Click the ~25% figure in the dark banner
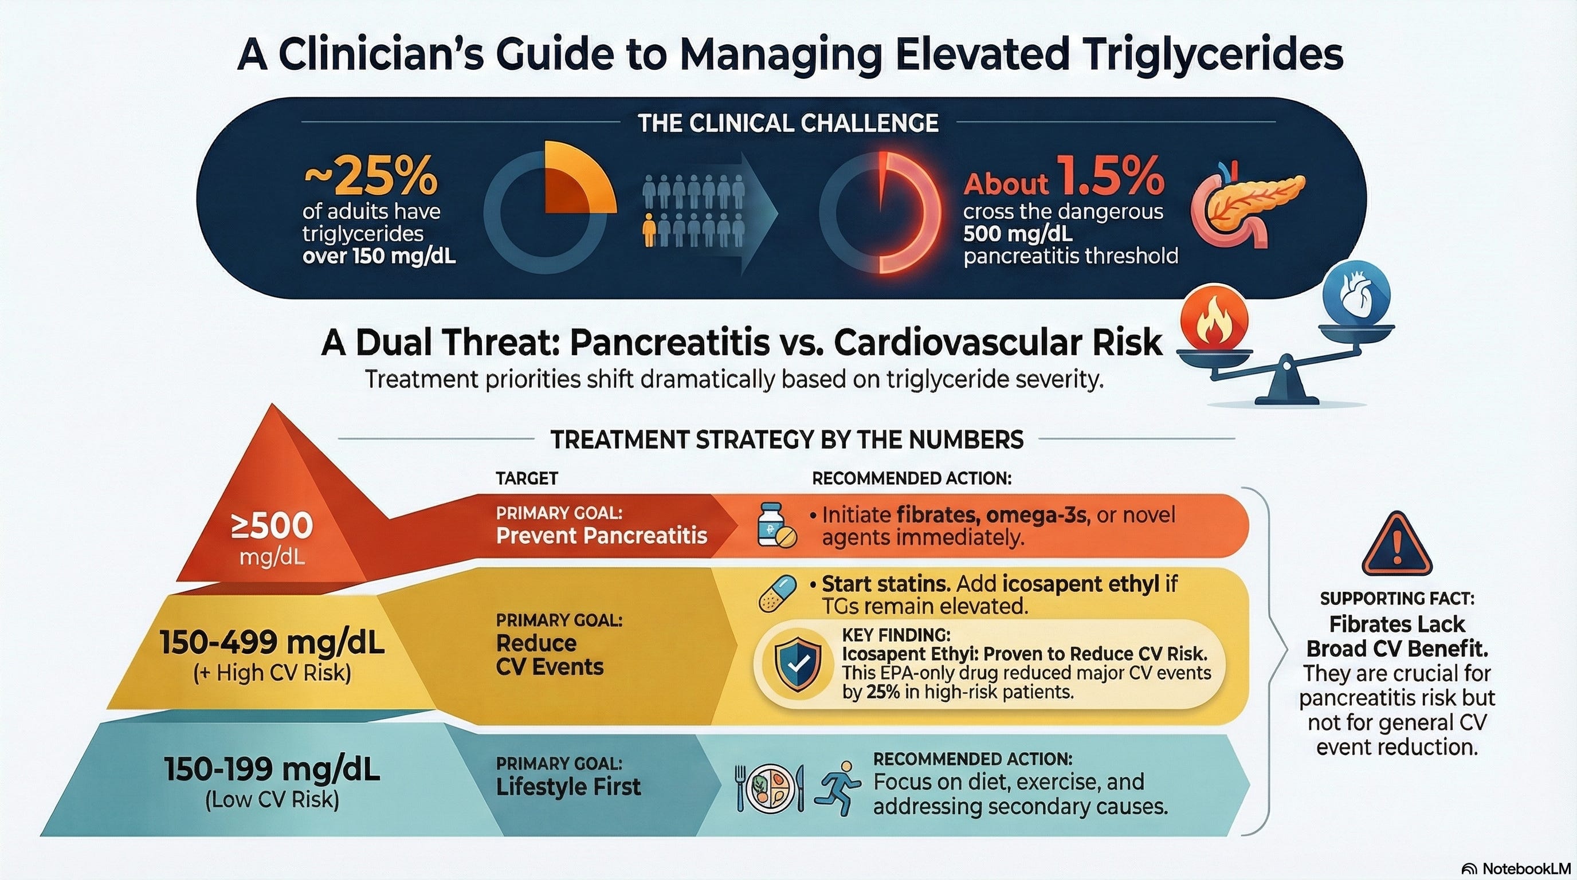pyautogui.click(x=371, y=177)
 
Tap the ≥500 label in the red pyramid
pyautogui.click(x=272, y=525)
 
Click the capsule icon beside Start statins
pyautogui.click(x=778, y=593)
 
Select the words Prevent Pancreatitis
pyautogui.click(x=601, y=536)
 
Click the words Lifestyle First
pyautogui.click(x=568, y=787)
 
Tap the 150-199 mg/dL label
pyautogui.click(x=272, y=770)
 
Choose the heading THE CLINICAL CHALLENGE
pyautogui.click(x=788, y=123)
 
